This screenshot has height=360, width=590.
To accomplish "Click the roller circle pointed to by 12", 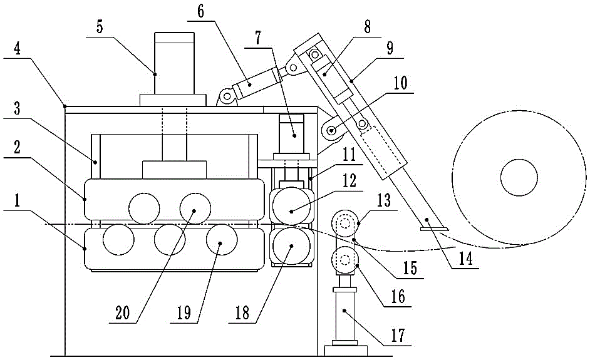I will tap(291, 207).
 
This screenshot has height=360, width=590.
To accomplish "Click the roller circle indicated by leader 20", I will tap(195, 207).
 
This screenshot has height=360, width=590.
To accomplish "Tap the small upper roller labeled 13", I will tap(344, 222).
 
